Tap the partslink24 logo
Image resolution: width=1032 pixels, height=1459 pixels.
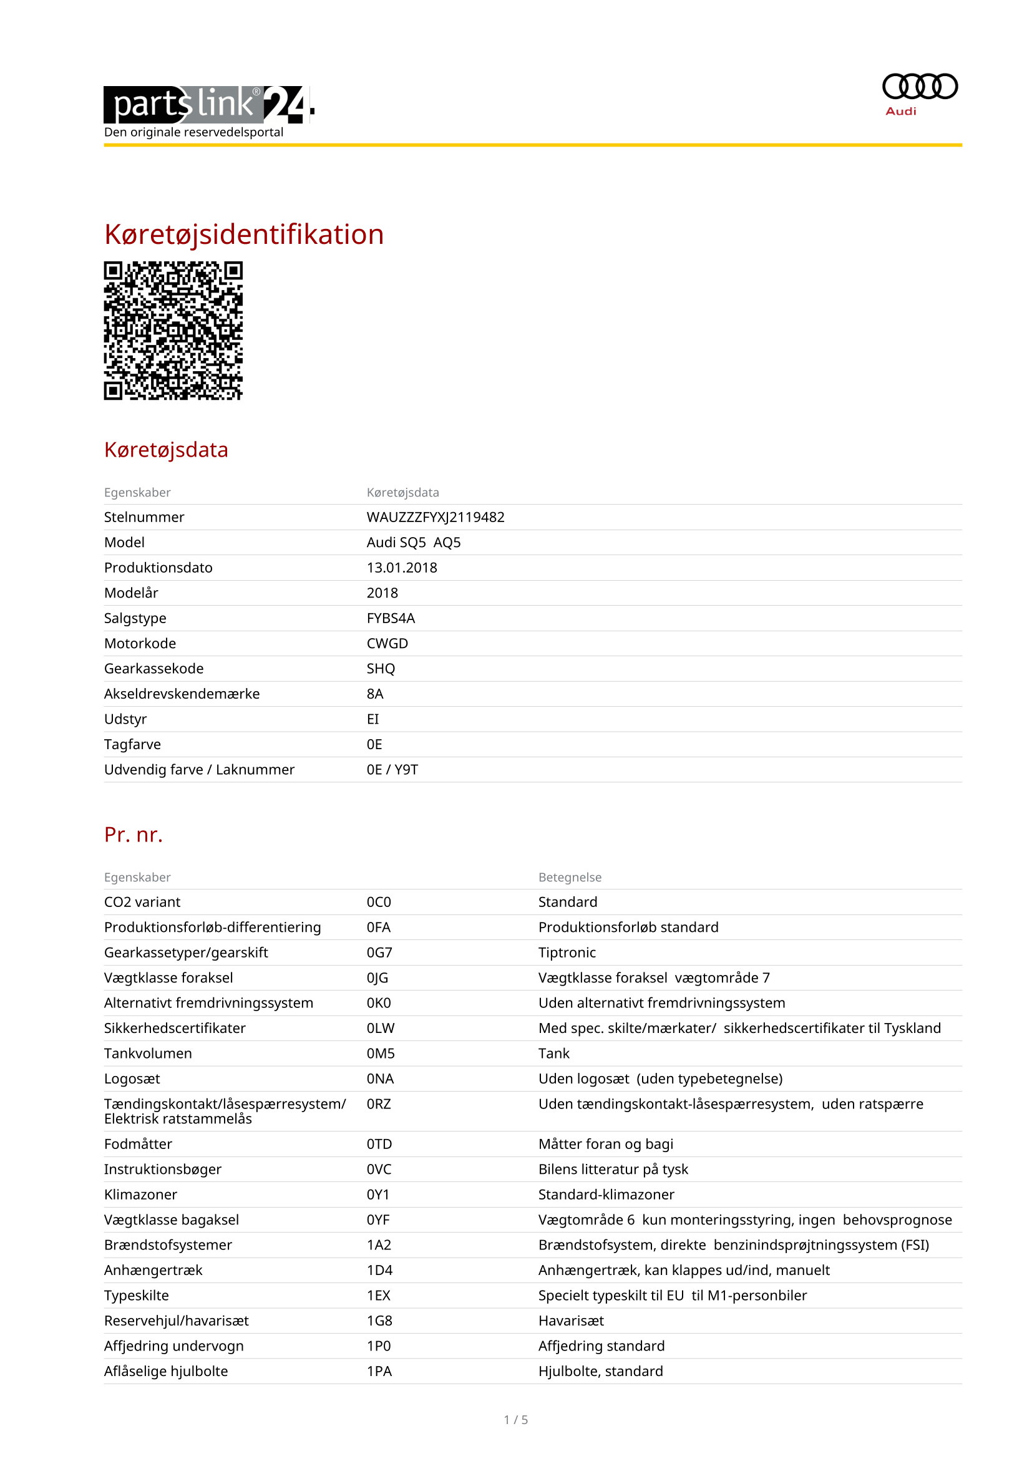[x=208, y=104]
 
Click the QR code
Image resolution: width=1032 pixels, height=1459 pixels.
[x=173, y=331]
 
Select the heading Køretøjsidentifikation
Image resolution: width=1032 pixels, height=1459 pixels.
[x=244, y=235]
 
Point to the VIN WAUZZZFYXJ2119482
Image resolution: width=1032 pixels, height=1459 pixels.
[x=436, y=517]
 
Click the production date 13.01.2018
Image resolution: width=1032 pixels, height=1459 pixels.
[x=402, y=568]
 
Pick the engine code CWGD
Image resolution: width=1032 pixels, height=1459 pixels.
[x=387, y=643]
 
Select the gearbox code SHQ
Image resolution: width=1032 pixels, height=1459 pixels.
[x=381, y=669]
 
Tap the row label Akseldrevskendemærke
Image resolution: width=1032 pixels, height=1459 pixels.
[x=182, y=694]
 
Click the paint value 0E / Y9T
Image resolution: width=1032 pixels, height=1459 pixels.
[x=392, y=770]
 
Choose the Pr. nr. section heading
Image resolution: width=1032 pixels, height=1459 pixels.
[x=134, y=835]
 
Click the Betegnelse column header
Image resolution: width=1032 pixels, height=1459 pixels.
[x=570, y=877]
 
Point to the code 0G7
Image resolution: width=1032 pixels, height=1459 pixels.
[x=379, y=952]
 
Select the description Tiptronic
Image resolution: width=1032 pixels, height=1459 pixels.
[x=567, y=952]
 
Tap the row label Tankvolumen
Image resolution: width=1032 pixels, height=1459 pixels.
[x=148, y=1054]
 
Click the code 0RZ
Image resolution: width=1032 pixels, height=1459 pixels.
[x=379, y=1104]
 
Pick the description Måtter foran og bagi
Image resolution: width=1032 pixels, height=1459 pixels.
[x=606, y=1144]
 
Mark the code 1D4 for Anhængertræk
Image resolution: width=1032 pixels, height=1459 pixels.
[x=379, y=1270]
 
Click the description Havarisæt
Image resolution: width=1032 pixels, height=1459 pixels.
[x=571, y=1321]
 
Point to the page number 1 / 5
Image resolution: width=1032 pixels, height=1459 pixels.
[x=515, y=1420]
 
